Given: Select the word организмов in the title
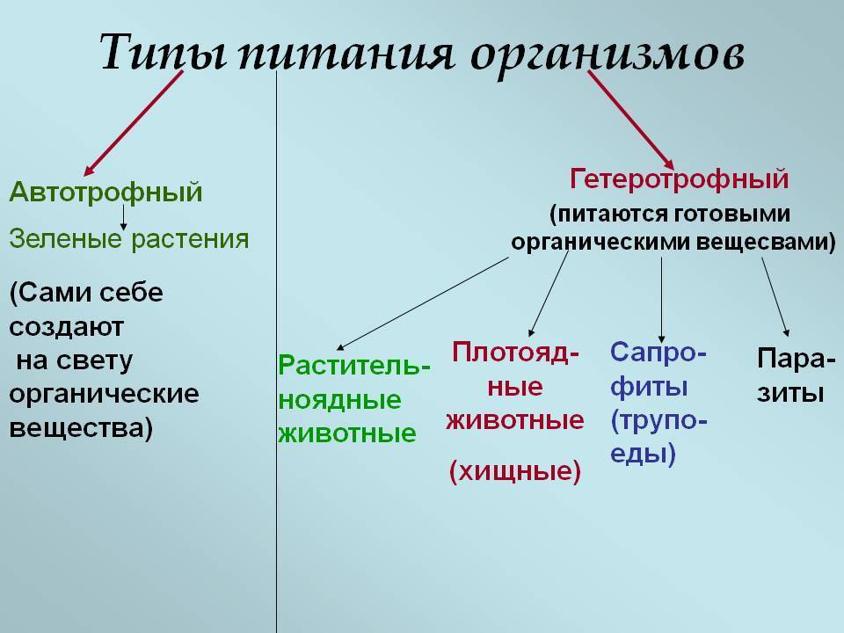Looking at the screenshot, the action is tap(608, 56).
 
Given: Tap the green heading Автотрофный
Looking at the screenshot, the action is tap(106, 193).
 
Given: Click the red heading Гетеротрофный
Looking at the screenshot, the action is tap(680, 179).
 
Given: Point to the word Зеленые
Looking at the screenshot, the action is tap(65, 239).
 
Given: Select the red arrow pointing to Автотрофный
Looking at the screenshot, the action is tap(134, 123).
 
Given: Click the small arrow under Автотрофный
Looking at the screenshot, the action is tap(123, 217).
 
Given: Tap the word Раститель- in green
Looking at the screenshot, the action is tap(354, 366).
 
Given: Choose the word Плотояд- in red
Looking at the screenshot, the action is tap(516, 353).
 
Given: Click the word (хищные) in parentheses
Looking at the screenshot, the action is tap(515, 471).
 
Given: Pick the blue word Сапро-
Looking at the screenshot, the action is tap(658, 353).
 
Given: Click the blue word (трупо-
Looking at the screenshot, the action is tap(658, 420).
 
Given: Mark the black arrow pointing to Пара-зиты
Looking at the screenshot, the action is tap(775, 297).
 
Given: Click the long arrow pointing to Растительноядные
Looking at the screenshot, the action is tap(423, 303).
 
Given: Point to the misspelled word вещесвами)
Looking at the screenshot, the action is tap(766, 243).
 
